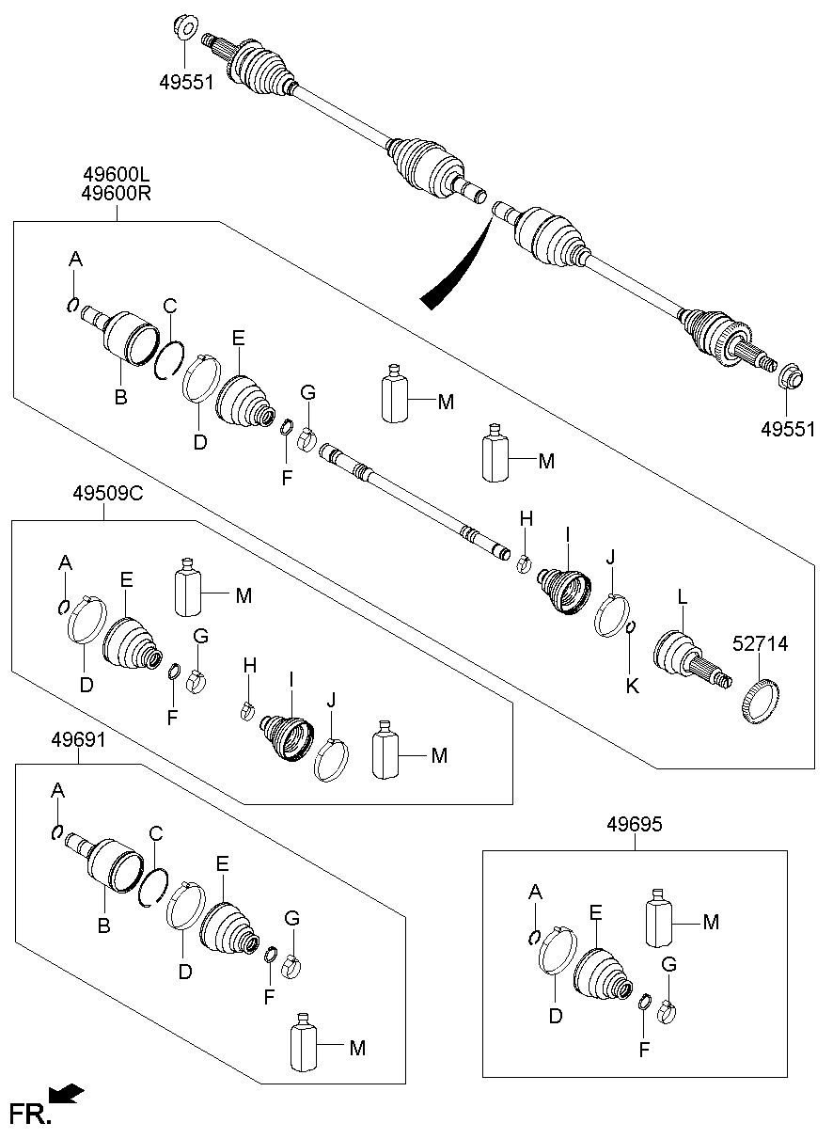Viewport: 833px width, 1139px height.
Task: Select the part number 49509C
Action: click(x=107, y=493)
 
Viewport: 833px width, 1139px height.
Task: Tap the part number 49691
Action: click(x=79, y=740)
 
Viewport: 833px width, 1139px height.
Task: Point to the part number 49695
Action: click(x=634, y=825)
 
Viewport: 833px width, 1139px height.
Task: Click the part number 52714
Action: click(x=760, y=644)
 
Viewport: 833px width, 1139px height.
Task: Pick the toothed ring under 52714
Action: click(x=759, y=704)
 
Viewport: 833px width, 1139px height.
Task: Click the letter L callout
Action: click(x=684, y=596)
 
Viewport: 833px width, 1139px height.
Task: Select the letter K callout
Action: click(x=633, y=686)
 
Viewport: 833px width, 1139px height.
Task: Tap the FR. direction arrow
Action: click(x=67, y=1093)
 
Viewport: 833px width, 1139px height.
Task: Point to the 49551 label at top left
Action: click(x=186, y=82)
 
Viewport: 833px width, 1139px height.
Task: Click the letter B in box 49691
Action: click(x=104, y=926)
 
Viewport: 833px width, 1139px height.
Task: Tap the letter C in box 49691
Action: click(x=156, y=832)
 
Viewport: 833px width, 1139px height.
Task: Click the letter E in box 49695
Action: click(x=596, y=910)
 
